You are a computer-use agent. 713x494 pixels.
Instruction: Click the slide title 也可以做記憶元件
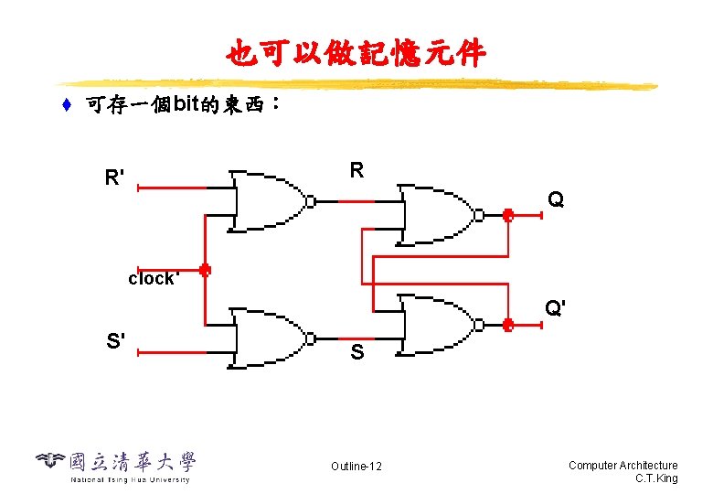(356, 54)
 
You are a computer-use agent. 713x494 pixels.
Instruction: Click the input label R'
(115, 177)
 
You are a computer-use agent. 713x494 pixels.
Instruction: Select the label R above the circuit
(356, 170)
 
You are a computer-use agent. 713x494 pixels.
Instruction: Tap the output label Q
(556, 199)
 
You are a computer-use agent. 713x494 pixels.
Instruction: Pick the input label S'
(116, 342)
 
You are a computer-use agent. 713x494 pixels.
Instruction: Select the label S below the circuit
(356, 352)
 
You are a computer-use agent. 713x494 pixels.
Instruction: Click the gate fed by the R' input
(270, 200)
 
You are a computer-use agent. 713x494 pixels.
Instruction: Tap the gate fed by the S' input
(270, 337)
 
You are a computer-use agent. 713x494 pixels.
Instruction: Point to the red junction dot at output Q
(508, 216)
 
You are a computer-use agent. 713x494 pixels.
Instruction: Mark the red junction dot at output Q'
(508, 324)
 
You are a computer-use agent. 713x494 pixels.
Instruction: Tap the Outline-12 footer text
(356, 467)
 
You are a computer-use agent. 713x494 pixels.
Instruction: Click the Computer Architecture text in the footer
(623, 466)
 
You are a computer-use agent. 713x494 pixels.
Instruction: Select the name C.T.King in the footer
(655, 478)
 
